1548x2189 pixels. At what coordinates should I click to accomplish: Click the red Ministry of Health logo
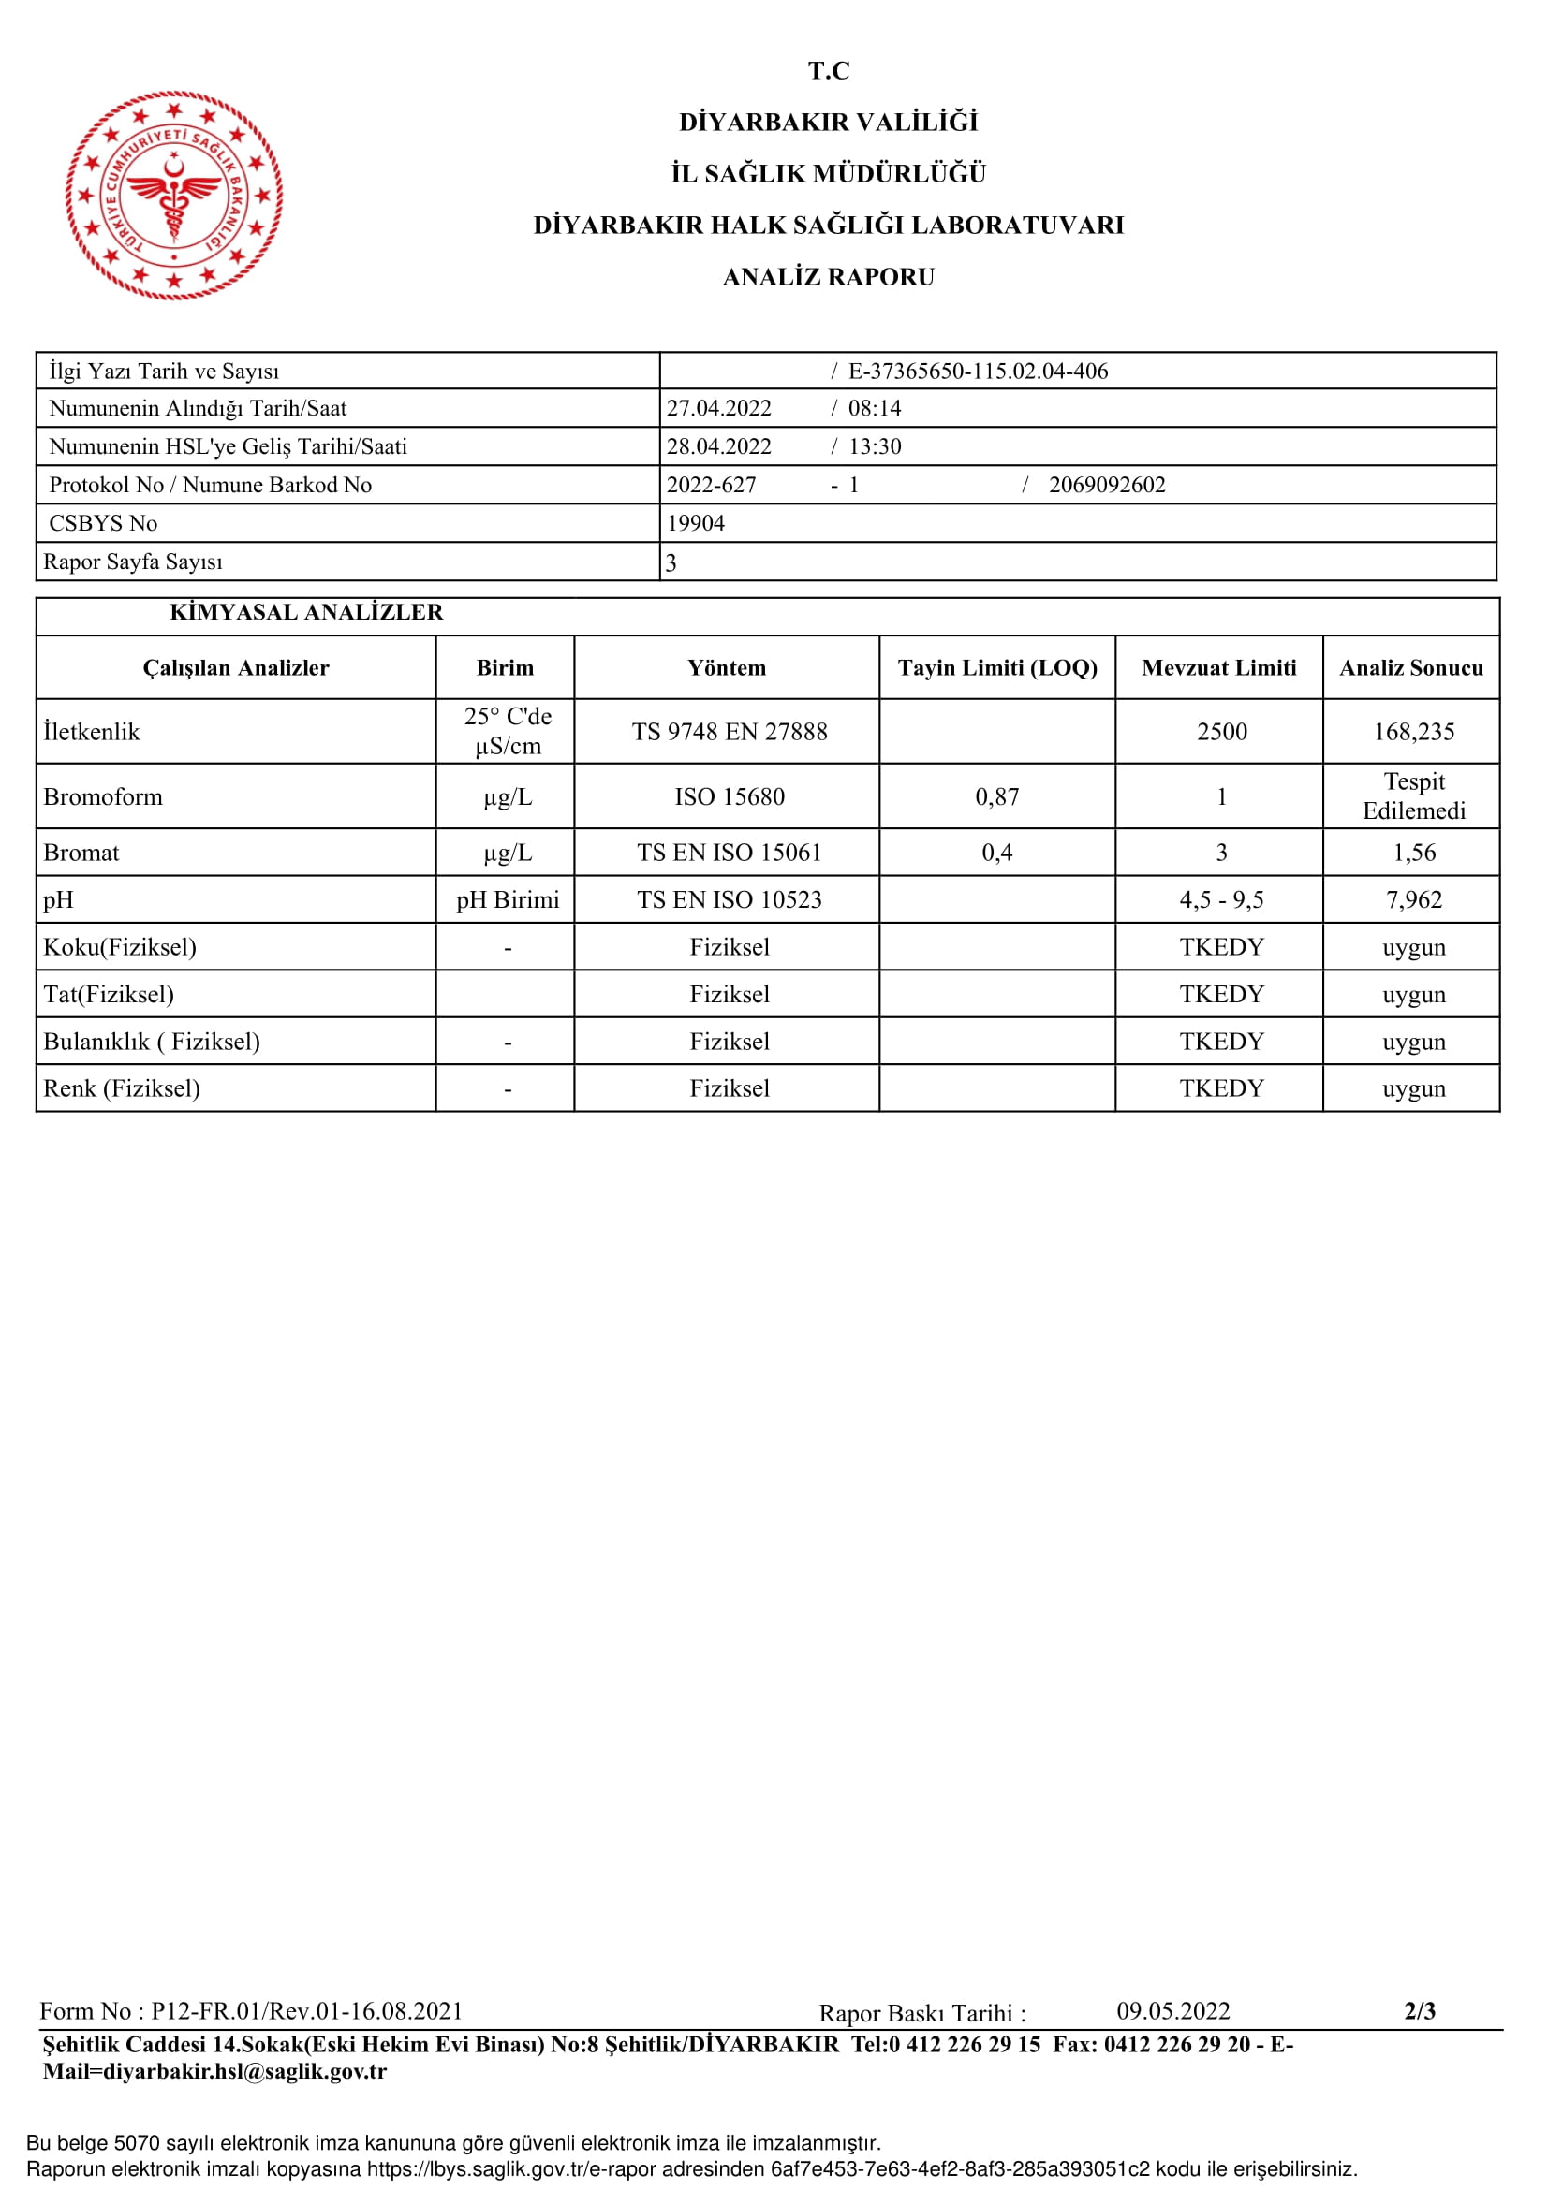tap(174, 196)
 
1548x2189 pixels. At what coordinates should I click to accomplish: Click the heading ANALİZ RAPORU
tap(828, 277)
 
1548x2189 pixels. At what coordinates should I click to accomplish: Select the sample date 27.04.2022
tap(718, 408)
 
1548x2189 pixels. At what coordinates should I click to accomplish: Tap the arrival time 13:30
tap(875, 446)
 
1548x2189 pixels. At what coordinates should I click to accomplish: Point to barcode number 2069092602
tap(1106, 485)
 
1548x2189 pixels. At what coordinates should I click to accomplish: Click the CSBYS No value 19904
tap(695, 523)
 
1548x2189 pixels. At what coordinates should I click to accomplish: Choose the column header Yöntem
tap(727, 667)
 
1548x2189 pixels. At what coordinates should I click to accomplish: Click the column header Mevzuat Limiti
tap(1219, 667)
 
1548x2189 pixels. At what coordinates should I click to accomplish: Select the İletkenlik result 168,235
tap(1413, 731)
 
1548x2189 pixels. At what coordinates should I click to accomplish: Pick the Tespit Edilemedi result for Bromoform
tap(1413, 796)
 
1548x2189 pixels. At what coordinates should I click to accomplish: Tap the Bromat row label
tap(82, 853)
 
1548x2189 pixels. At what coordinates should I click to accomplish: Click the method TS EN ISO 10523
tap(730, 899)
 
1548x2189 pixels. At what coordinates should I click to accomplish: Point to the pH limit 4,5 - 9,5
tap(1221, 899)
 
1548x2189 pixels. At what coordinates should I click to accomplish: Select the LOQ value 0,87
tap(996, 796)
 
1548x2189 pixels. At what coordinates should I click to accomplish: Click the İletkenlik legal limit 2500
tap(1221, 731)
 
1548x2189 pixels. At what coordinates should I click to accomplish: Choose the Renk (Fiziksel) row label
tap(122, 1087)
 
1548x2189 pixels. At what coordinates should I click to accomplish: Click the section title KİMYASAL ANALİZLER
tap(306, 612)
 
